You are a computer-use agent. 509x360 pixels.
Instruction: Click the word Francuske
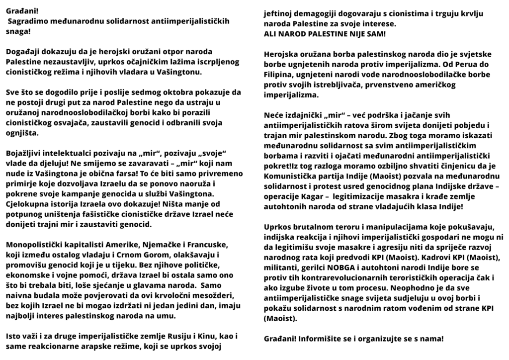(208, 245)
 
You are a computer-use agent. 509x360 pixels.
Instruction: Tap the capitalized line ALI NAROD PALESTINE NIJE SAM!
(325, 34)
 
